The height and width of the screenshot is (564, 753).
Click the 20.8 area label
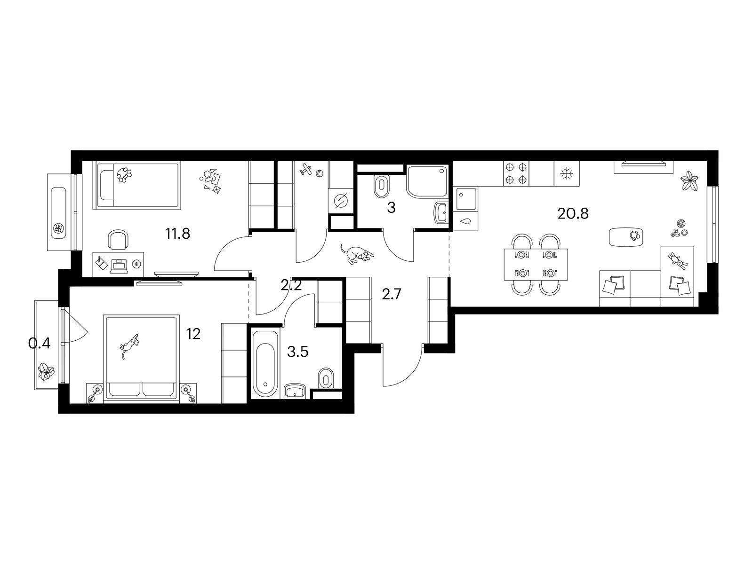573,213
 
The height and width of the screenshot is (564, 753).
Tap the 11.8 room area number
177,234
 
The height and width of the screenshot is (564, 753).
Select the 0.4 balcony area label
39,343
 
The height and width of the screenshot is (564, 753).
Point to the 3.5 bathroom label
297,352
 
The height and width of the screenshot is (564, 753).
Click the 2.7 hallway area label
391,294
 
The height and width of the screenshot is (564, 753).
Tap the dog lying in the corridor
356,254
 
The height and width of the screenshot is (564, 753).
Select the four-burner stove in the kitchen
516,173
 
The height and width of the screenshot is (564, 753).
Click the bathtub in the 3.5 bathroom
265,363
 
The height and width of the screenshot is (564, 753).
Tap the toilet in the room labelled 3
382,186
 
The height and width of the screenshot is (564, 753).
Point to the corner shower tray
427,181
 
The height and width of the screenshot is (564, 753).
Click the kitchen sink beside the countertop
466,199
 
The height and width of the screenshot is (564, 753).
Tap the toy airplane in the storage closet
306,169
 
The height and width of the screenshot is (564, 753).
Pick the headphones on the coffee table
635,235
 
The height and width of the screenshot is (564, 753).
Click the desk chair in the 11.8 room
117,239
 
